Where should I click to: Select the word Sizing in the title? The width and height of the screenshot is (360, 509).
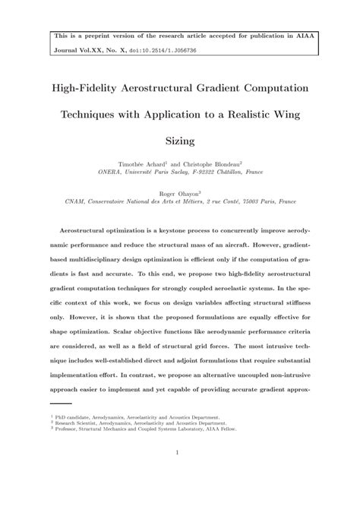tap(180, 141)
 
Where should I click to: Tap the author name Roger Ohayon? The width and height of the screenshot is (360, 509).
tap(179, 193)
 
